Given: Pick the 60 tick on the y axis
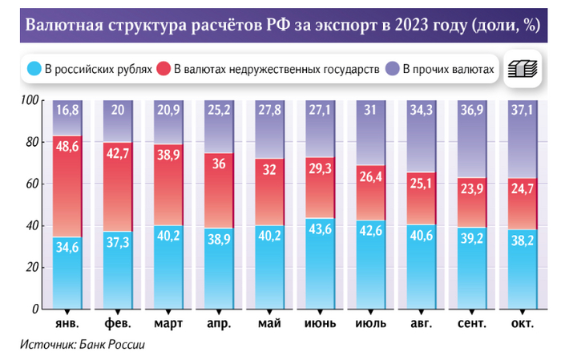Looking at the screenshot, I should coord(32,184).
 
